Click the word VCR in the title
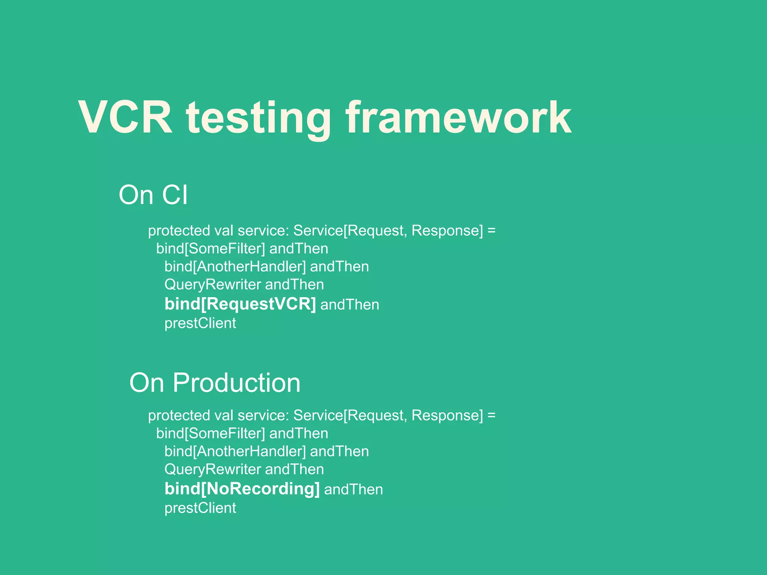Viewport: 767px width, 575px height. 125,118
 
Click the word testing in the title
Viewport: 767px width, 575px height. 258,119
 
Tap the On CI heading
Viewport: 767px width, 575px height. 153,195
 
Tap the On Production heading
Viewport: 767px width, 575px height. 215,383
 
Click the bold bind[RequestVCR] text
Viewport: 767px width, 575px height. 240,304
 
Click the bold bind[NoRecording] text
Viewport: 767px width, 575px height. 242,489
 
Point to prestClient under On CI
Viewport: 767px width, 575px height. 200,323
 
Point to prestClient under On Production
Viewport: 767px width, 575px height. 200,508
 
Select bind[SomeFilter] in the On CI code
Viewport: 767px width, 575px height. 210,249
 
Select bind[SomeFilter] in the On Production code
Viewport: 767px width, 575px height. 210,433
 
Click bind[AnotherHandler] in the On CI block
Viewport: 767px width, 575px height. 235,267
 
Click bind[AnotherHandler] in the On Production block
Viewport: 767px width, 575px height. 235,451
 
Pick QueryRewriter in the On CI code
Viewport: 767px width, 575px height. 212,285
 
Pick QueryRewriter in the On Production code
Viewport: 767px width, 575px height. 212,469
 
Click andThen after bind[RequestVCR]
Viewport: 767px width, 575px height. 350,304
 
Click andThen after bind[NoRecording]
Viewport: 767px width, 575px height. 354,489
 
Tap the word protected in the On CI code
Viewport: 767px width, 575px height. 179,231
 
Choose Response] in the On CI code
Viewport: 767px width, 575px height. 447,231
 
